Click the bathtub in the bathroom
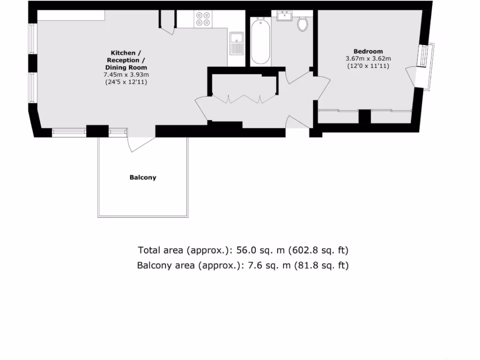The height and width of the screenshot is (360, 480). coord(261,41)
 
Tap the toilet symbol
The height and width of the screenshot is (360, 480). coord(302,24)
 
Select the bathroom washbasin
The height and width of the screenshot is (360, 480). coord(285,17)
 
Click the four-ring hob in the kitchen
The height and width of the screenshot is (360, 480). coord(203,19)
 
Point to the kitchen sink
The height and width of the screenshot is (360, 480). coord(236,43)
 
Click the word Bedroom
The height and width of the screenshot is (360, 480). coord(368,51)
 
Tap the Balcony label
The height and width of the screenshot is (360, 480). coord(143,178)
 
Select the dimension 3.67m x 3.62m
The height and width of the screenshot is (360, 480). coord(368,59)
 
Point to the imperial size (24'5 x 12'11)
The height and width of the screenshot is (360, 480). coord(125,82)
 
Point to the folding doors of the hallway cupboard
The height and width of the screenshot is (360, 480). coord(244,98)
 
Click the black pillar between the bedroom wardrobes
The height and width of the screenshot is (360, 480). coord(364,116)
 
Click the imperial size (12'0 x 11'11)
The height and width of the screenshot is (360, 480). coord(368,66)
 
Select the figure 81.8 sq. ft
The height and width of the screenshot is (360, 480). coord(322,265)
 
